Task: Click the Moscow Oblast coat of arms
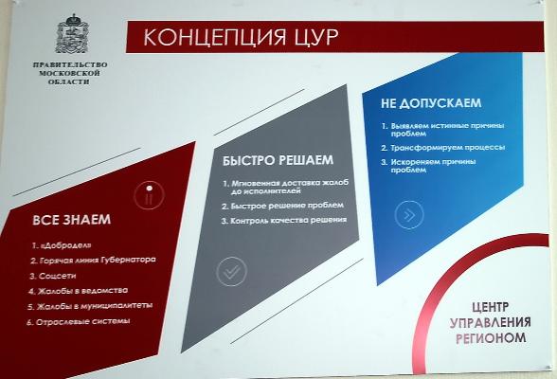72,34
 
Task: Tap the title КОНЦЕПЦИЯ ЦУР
242,37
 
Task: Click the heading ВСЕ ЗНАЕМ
71,220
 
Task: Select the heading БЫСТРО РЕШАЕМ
278,160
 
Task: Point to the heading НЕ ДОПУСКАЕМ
431,103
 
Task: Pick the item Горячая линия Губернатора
93,260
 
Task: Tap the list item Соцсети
53,276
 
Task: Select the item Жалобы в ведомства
78,291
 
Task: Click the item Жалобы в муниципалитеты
90,306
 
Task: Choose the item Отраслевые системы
79,322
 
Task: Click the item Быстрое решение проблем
282,206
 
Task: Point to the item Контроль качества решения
284,220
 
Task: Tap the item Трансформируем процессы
443,148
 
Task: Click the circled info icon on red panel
150,194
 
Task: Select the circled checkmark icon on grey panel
232,272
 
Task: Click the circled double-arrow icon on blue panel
409,214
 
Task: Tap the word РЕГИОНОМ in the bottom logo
491,338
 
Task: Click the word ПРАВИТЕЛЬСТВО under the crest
70,65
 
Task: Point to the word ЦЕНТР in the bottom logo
491,307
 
